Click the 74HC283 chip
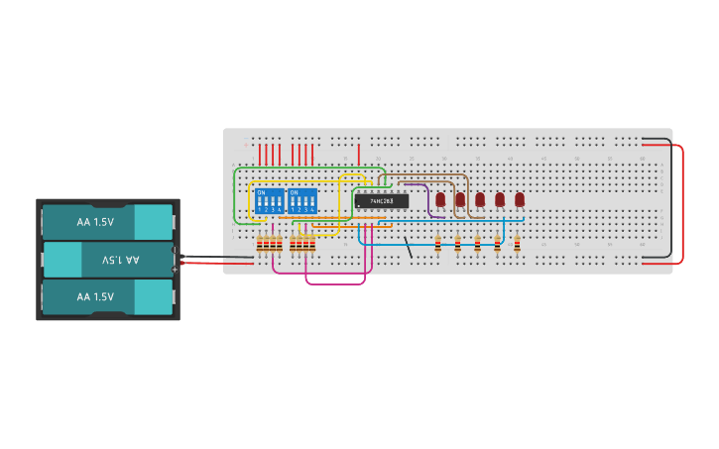click(x=381, y=201)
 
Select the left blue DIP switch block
click(x=270, y=201)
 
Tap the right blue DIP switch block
click(x=302, y=201)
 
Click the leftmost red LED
click(x=440, y=199)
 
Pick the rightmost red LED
click(x=519, y=199)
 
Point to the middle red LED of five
click(x=480, y=199)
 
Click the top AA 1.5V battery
click(x=107, y=222)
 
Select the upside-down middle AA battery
click(x=107, y=260)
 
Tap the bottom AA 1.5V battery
click(x=107, y=296)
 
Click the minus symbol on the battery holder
click(x=176, y=250)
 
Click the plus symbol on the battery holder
click(x=176, y=269)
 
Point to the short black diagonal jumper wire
click(x=409, y=248)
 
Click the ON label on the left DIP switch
click(x=262, y=191)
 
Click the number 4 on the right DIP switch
click(x=312, y=210)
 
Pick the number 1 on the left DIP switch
click(x=260, y=210)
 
